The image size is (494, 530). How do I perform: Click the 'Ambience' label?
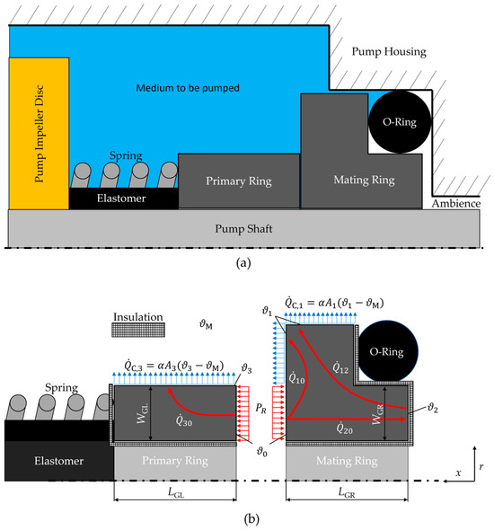463,205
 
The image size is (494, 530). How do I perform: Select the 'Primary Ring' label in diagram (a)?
237,181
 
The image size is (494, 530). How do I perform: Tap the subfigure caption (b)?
247,517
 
